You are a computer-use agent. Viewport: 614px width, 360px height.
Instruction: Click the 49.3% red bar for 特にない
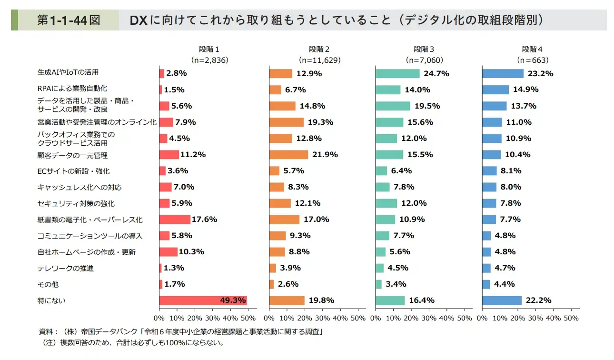click(x=203, y=300)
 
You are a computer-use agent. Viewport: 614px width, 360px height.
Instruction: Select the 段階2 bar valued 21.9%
click(x=288, y=155)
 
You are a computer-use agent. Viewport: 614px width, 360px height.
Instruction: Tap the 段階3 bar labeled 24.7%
click(x=397, y=74)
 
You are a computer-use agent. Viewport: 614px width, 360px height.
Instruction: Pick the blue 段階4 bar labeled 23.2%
click(x=503, y=74)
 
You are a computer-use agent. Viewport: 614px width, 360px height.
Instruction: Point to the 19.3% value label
click(x=321, y=122)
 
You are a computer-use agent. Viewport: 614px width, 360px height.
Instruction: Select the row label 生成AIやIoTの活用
click(x=68, y=72)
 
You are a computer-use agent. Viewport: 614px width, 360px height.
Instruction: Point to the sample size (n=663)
click(x=533, y=60)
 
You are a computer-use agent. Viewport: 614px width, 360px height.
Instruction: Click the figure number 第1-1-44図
click(x=69, y=20)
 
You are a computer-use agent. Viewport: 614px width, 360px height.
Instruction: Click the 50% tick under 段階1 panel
click(x=248, y=318)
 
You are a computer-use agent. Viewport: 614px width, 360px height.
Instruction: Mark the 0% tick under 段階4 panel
click(x=482, y=318)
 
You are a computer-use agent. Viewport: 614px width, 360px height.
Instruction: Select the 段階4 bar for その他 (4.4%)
click(x=486, y=284)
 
